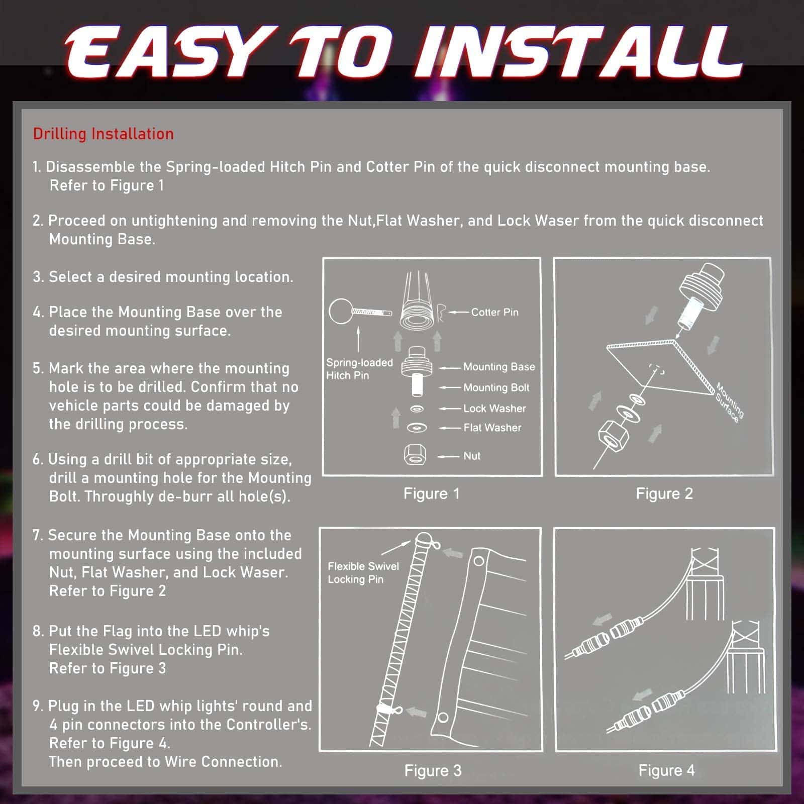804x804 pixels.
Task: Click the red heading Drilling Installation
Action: click(103, 134)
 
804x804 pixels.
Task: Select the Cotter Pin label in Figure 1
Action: click(494, 312)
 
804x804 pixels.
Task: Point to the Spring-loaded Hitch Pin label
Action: click(359, 369)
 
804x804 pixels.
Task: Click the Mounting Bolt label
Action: click(496, 387)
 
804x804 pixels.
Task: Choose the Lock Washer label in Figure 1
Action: click(494, 409)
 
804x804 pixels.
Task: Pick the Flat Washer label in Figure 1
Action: click(492, 428)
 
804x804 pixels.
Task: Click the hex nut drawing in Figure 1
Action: click(415, 455)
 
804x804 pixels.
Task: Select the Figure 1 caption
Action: click(432, 493)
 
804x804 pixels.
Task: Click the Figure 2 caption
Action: click(664, 493)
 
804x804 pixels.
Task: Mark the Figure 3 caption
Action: click(433, 770)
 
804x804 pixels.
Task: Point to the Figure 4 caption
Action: click(666, 770)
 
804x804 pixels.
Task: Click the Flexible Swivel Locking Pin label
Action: click(363, 573)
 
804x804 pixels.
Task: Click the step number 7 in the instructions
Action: click(37, 535)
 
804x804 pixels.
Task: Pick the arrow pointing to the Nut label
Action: click(448, 456)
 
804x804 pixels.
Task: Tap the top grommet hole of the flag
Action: click(479, 560)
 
